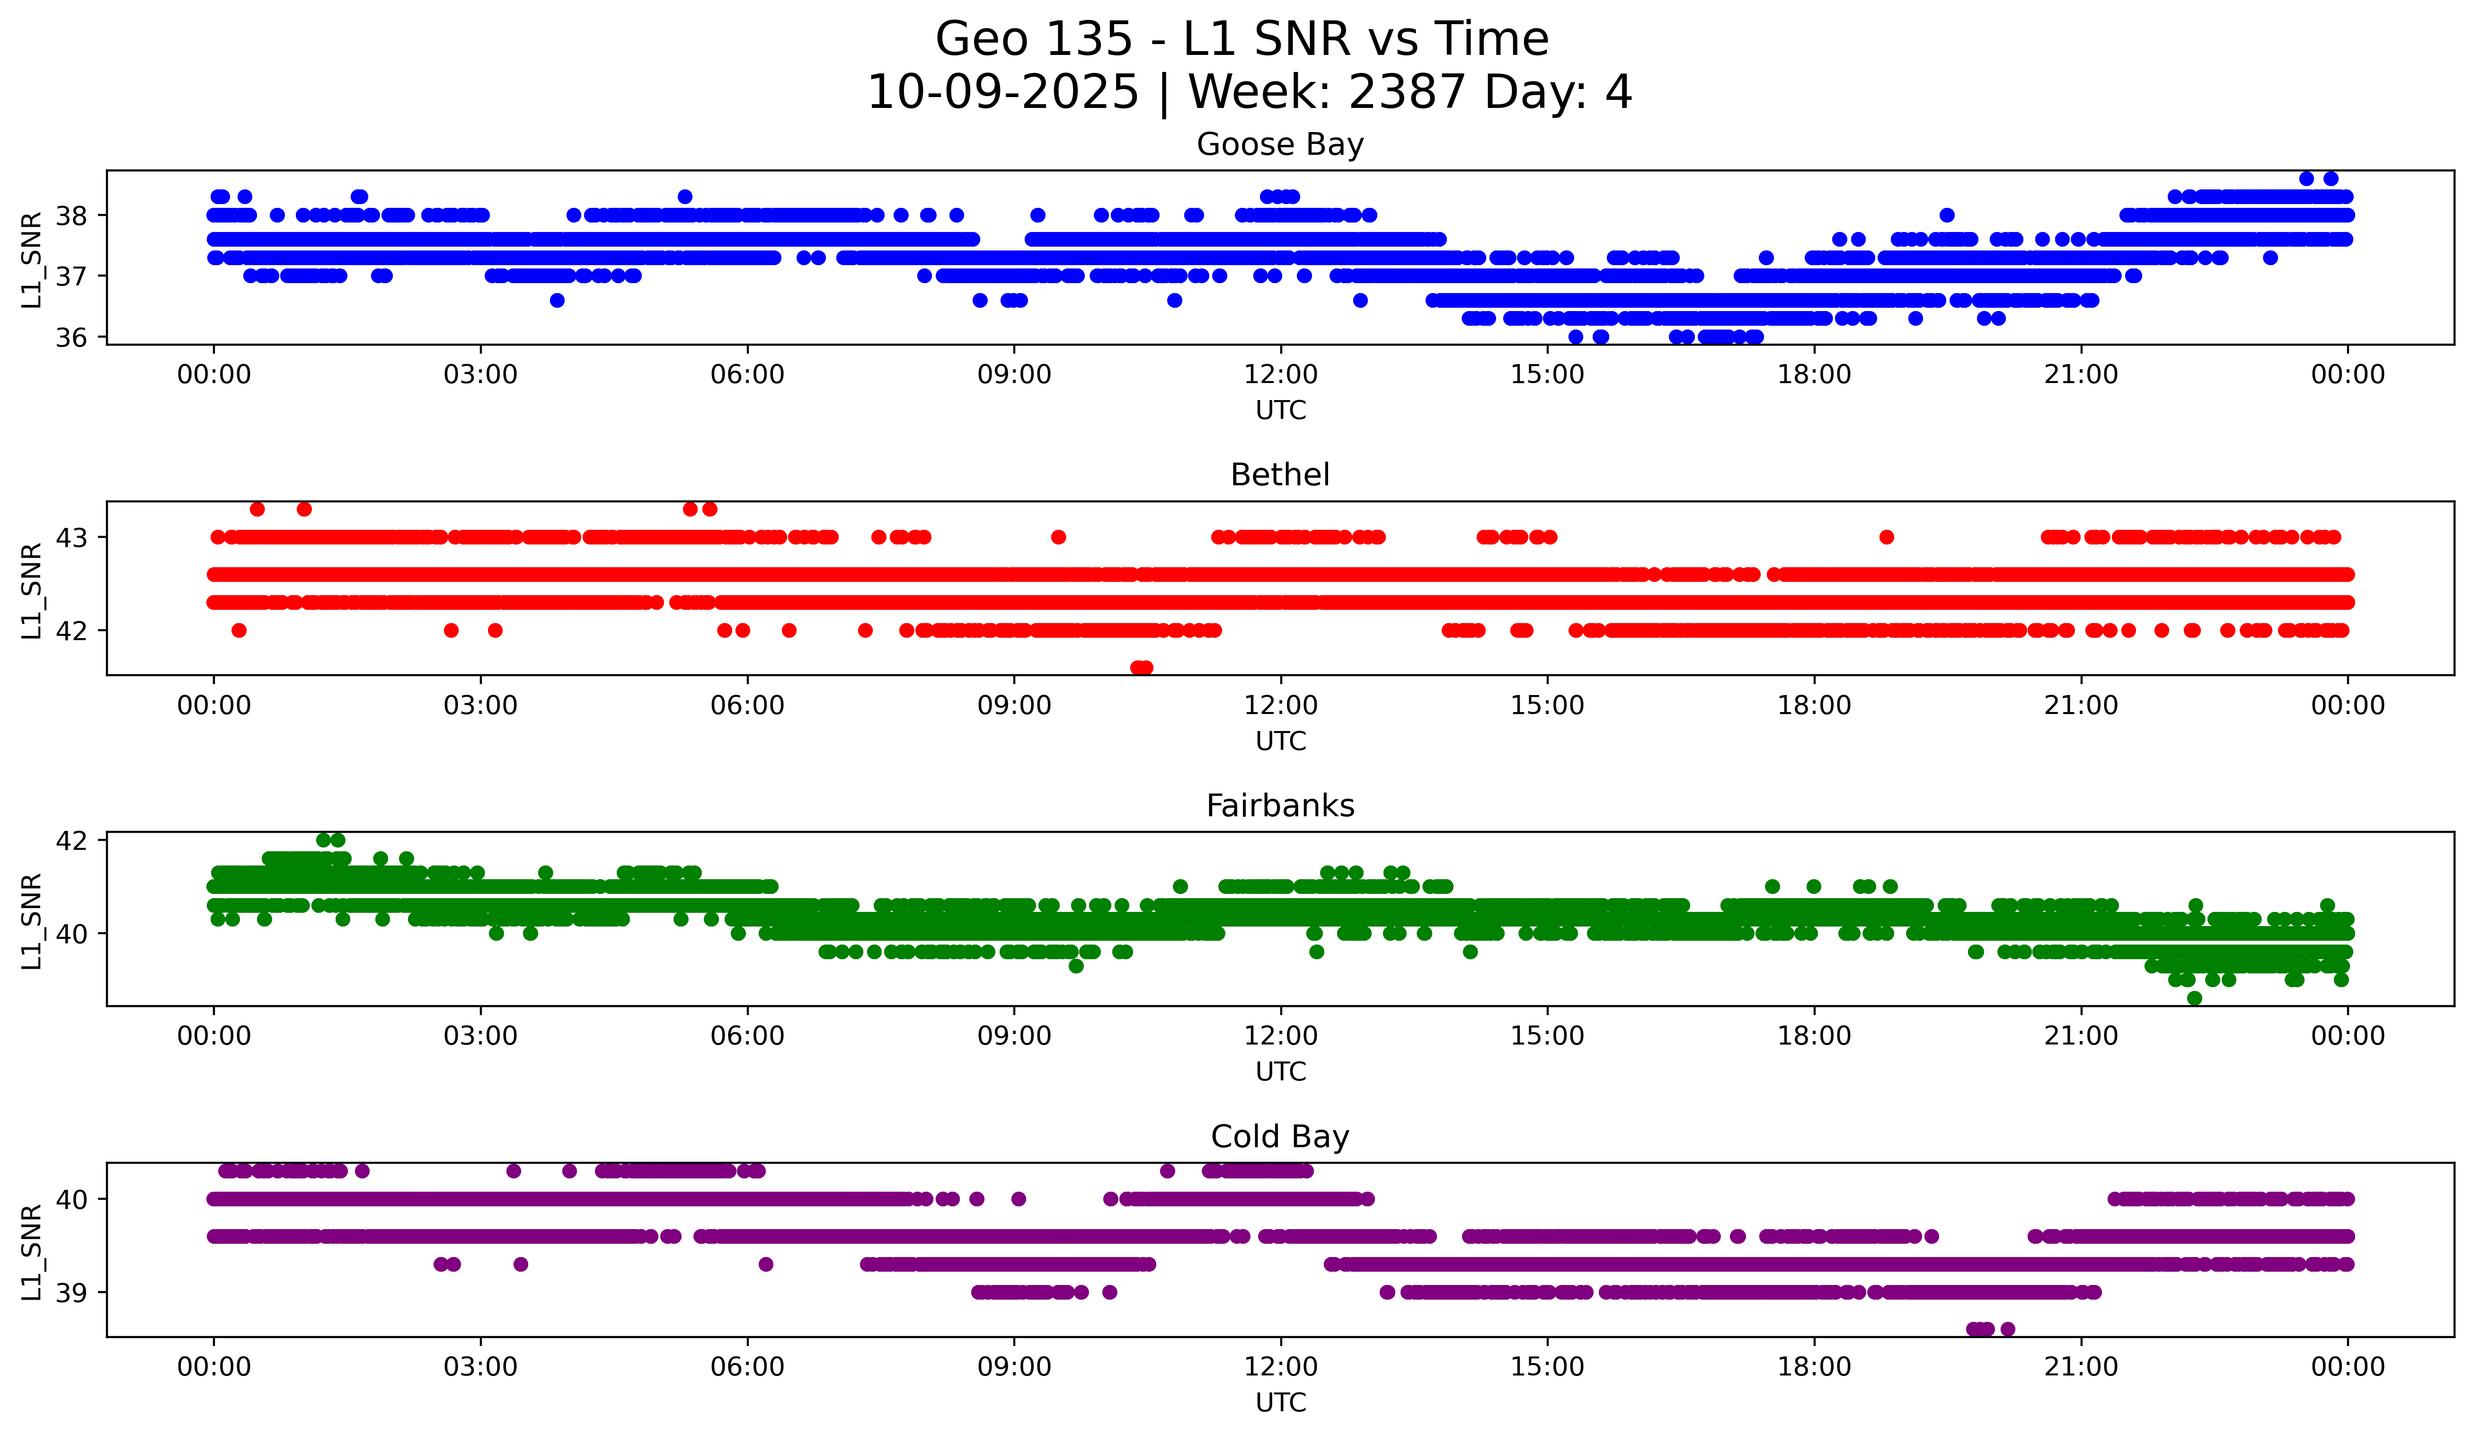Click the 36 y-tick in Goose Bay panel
click(71, 338)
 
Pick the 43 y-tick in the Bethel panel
click(71, 538)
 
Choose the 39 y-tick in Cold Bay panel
click(71, 1293)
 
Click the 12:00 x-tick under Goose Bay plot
click(1281, 375)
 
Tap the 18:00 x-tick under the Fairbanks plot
click(1815, 1036)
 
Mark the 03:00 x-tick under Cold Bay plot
click(481, 1367)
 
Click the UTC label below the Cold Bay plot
click(1281, 1403)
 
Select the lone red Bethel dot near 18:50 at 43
click(1886, 537)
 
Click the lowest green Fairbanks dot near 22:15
click(2194, 998)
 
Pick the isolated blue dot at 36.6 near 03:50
click(558, 300)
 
